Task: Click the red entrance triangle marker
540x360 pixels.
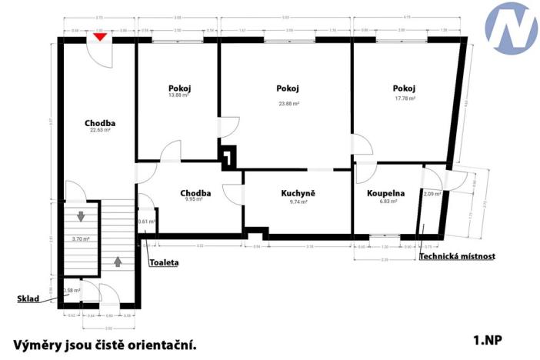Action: [99, 36]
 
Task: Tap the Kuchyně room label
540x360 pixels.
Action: [298, 193]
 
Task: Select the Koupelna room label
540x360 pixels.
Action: [382, 193]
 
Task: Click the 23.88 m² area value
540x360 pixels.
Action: [288, 103]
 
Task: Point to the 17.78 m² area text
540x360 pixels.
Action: [405, 98]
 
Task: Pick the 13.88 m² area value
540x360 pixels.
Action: [179, 95]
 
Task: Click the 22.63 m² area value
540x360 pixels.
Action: [100, 130]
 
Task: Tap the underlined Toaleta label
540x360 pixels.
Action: [164, 262]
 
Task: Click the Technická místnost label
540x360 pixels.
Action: [457, 256]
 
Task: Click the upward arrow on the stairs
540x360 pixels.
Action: [118, 261]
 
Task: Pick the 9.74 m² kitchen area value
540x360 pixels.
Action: [298, 202]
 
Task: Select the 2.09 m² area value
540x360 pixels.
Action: [433, 194]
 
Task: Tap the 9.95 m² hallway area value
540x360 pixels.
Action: [194, 199]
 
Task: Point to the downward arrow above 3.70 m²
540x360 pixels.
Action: [81, 217]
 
